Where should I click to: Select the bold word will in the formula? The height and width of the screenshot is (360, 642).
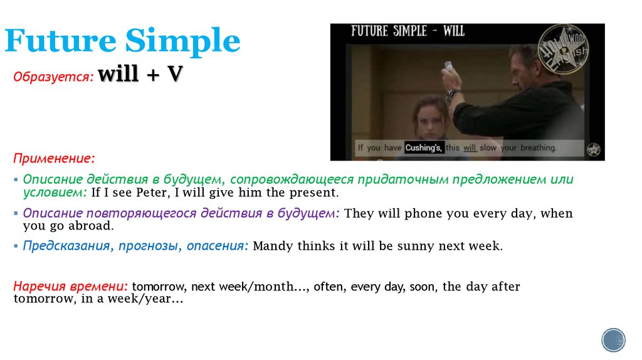(x=122, y=75)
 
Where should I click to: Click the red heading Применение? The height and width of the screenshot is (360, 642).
(x=56, y=157)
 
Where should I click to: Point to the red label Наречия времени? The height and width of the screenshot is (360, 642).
(x=71, y=287)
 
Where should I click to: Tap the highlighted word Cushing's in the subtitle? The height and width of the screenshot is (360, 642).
(x=424, y=148)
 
